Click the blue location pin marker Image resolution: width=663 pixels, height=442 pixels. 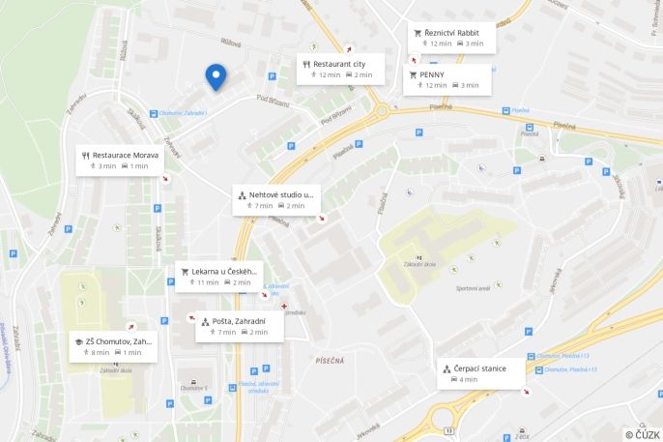[216, 76]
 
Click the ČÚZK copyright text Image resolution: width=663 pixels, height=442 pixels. [641, 434]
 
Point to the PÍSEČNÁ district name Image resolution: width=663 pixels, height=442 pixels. [330, 360]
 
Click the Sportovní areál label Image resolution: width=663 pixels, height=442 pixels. [474, 287]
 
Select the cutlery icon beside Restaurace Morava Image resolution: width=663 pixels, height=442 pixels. [86, 155]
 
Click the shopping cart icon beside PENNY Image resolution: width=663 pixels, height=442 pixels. [413, 74]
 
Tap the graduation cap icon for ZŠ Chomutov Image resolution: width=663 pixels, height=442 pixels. [77, 341]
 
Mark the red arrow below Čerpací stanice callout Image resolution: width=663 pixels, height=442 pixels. [526, 393]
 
